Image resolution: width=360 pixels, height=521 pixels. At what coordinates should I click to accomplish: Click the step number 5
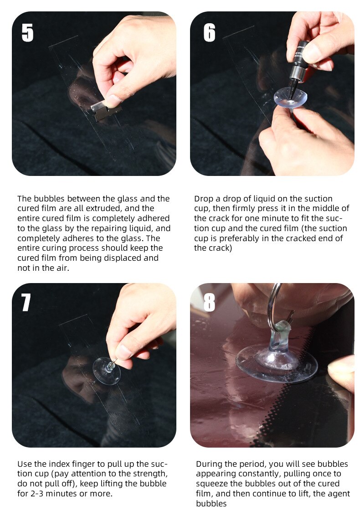point(27,33)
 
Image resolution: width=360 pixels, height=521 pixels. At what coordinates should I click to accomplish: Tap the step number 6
point(209,33)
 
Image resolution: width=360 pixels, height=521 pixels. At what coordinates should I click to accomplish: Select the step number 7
point(26,302)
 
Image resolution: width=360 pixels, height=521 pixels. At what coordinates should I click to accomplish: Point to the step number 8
point(209,302)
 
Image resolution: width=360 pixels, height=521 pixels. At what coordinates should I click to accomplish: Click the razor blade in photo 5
point(106,109)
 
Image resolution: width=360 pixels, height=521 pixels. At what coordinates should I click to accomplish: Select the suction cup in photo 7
point(106,370)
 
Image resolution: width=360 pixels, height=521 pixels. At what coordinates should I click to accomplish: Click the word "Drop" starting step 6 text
point(204,199)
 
